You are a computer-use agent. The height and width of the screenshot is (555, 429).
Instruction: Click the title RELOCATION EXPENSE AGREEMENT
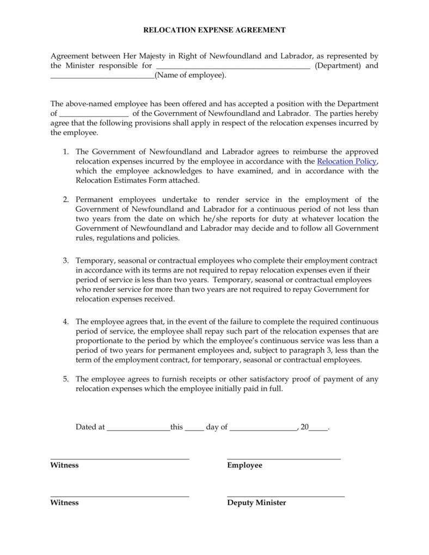[214, 30]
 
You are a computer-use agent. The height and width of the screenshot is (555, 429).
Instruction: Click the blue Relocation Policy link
[346, 162]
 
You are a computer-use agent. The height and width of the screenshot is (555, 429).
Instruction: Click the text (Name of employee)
[190, 76]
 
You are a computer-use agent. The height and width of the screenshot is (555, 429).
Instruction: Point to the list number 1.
[65, 152]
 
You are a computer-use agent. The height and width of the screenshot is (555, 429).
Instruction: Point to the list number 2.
[65, 200]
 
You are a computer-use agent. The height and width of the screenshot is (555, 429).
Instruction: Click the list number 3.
[65, 261]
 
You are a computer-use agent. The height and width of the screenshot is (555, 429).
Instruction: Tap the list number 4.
[65, 322]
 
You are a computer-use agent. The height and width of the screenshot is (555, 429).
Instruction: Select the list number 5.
[65, 379]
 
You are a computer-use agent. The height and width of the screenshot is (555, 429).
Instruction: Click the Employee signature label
[244, 465]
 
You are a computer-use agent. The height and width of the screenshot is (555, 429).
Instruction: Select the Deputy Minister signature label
[256, 503]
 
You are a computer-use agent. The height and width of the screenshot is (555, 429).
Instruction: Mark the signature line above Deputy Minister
[286, 496]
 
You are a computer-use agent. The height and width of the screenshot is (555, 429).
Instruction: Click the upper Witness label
[64, 465]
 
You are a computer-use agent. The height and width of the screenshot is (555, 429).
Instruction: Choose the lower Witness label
[64, 503]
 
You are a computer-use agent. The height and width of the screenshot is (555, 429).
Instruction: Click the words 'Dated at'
[90, 427]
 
